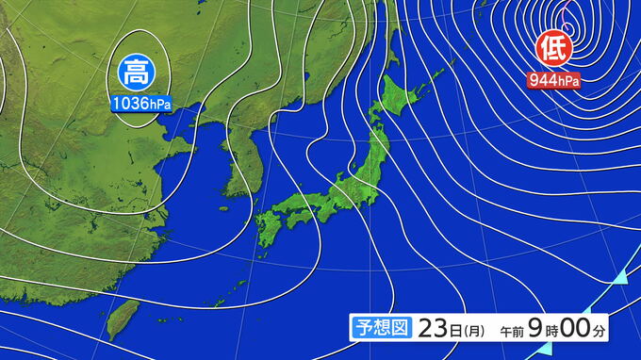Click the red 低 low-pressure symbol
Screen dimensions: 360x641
pyautogui.click(x=551, y=47)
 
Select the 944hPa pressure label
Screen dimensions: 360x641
pyautogui.click(x=553, y=80)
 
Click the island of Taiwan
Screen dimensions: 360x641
pyautogui.click(x=118, y=321)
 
